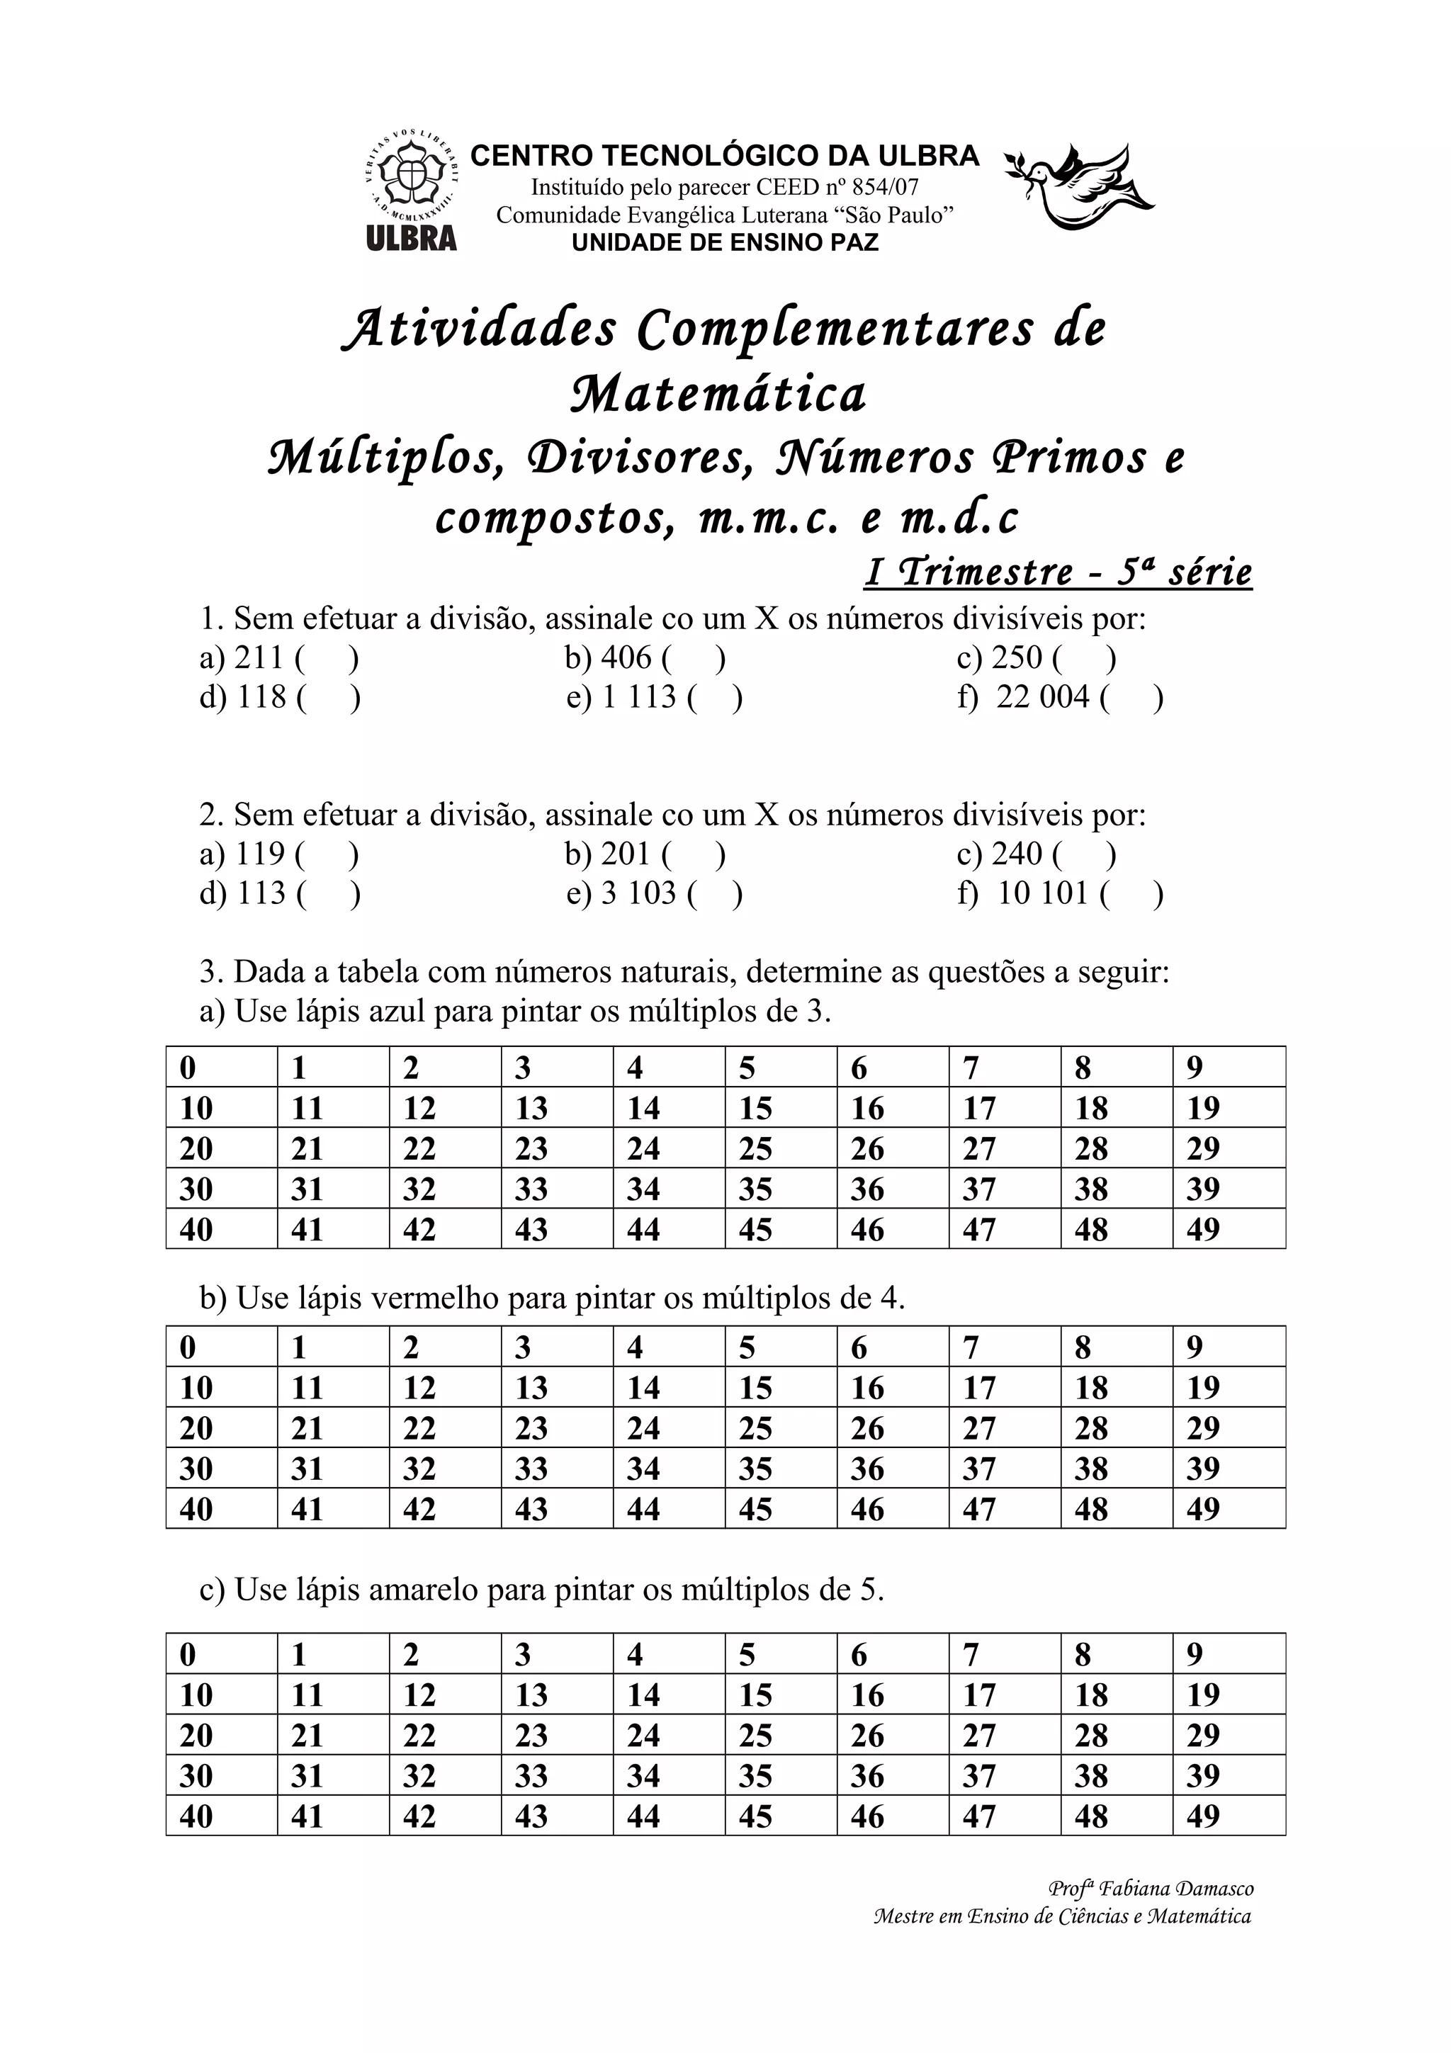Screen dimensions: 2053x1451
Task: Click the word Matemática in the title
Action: point(719,395)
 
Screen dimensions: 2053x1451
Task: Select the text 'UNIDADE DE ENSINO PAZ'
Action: point(724,242)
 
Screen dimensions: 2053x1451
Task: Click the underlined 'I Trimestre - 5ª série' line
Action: point(1058,572)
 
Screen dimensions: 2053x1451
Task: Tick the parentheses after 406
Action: point(694,658)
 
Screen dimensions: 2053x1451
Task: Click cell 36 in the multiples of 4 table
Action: point(866,1469)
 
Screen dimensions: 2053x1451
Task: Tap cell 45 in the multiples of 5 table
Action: point(755,1816)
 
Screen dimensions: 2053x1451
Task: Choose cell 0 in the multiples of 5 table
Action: point(188,1654)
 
